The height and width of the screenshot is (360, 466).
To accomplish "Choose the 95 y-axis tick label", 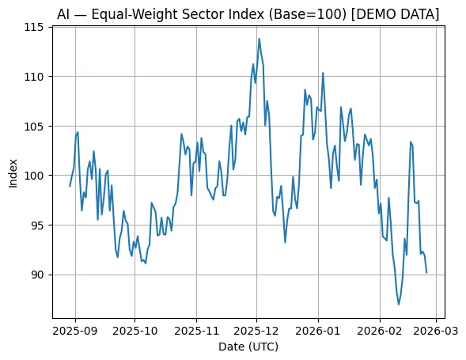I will (x=40, y=225).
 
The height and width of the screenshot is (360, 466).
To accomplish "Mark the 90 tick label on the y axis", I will (x=40, y=275).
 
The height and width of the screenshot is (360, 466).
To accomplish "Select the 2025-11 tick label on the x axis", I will (x=197, y=330).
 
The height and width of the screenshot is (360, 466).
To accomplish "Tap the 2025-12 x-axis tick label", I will (x=257, y=330).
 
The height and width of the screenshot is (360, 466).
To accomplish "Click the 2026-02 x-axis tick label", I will (x=381, y=330).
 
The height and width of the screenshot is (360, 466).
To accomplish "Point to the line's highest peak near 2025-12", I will (x=259, y=39).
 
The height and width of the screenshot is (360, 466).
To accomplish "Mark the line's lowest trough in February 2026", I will (x=399, y=304).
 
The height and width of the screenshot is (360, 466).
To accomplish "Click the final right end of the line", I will (x=426, y=273).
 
